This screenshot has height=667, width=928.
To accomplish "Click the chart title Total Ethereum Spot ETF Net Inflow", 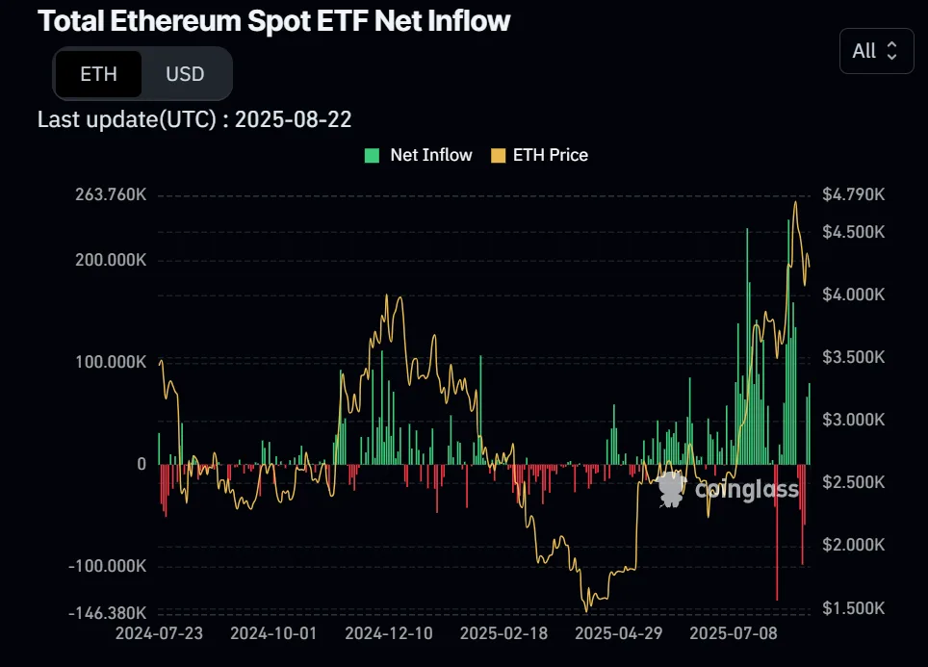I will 274,21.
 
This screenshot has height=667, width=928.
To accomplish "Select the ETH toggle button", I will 98,74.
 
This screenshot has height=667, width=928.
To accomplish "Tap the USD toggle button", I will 185,74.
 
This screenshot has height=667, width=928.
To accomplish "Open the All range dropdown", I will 875,51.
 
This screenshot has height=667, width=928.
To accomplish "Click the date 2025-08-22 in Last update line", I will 293,119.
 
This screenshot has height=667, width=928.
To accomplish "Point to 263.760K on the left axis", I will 111,194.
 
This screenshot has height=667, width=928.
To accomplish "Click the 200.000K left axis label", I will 111,261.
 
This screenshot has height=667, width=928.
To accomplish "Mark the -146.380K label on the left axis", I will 109,612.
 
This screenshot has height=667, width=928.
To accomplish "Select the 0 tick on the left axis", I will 142,464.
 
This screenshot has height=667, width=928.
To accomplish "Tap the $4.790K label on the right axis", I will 853,194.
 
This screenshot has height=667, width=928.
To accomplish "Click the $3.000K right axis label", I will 853,420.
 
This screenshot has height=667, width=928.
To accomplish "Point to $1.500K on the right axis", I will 853,607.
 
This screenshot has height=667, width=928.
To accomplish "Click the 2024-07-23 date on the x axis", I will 160,634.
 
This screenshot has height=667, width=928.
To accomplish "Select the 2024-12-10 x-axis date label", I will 390,634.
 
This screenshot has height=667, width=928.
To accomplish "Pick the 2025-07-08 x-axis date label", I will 735,634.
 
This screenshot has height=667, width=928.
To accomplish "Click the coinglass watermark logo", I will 729,490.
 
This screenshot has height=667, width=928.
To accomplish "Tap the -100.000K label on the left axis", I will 108,566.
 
